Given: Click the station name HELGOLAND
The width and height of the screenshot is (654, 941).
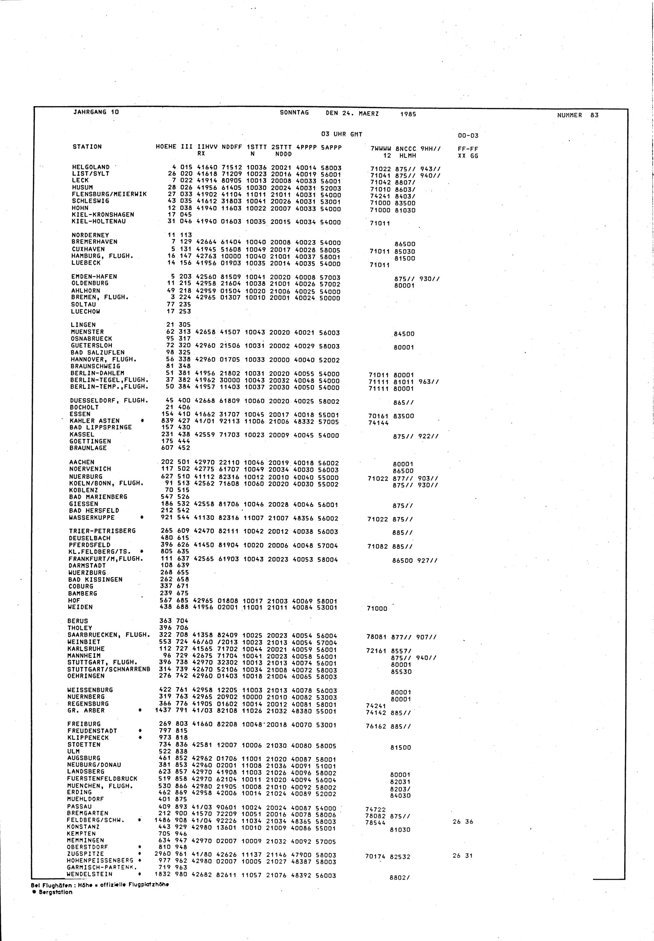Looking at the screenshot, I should [x=91, y=167].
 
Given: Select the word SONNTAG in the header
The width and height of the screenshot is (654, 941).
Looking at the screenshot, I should [x=294, y=113].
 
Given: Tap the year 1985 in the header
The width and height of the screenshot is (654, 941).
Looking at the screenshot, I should [x=408, y=114].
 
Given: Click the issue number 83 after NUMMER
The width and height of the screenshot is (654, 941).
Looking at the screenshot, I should [x=594, y=115].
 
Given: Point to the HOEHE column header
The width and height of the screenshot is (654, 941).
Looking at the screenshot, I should [x=166, y=147].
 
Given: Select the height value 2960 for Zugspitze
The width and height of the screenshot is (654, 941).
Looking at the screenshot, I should [x=162, y=854].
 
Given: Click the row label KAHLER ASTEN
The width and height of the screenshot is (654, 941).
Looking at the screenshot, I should [x=94, y=421].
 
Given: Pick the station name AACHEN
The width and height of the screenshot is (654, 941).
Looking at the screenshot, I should [x=81, y=462].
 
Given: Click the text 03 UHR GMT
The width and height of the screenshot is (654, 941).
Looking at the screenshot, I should [x=342, y=134].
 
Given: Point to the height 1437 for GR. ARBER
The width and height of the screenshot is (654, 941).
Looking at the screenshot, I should [x=163, y=710].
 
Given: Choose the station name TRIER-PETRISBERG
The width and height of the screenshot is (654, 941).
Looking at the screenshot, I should [x=102, y=531].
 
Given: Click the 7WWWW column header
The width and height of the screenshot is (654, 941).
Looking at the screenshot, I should [x=381, y=149].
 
